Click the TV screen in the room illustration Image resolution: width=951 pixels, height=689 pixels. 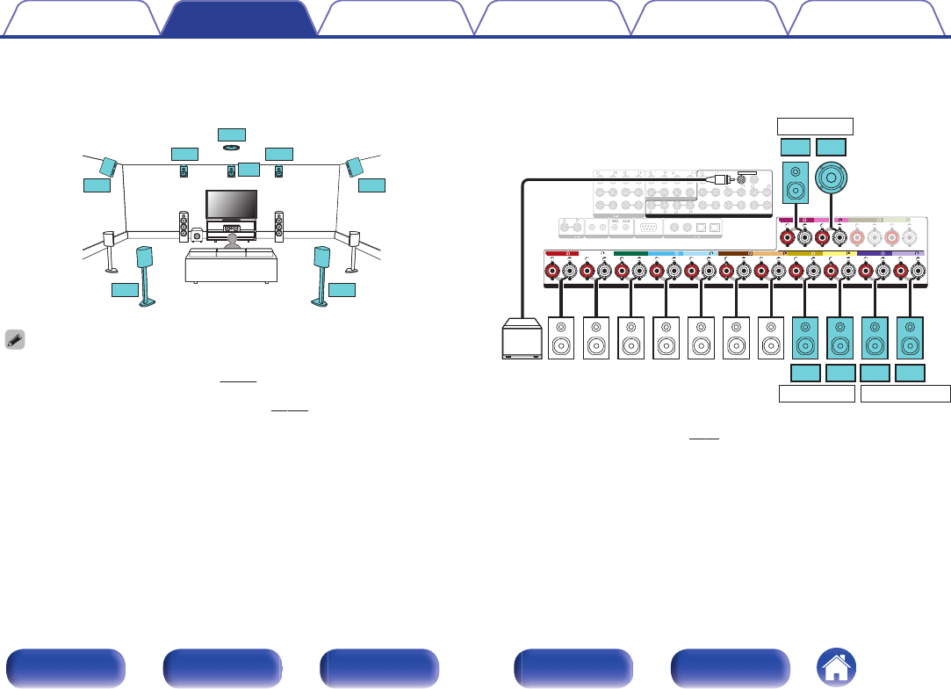coord(231,204)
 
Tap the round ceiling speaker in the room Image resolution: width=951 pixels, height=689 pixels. coord(232,149)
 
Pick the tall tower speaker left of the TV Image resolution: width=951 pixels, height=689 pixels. coord(184,227)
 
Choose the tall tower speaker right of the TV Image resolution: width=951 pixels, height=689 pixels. coord(279,227)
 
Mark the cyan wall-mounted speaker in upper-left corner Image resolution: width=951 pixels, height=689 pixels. coord(109,167)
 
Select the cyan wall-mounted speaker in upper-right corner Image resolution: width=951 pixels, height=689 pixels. coord(354,167)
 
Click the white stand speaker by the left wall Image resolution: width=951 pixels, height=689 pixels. coord(110,249)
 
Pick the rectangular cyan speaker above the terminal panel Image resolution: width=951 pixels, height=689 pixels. coord(796,182)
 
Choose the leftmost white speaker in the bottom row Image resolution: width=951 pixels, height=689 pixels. coord(560,338)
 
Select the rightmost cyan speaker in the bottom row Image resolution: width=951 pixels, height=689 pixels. coord(911,338)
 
